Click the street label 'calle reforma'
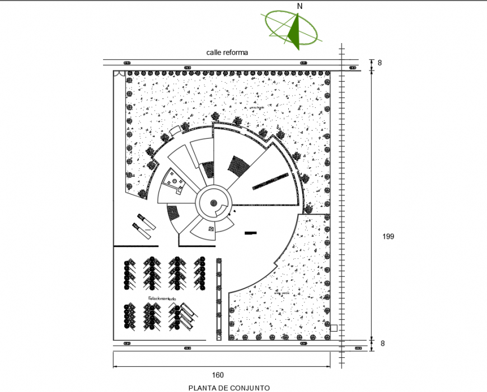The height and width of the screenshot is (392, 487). click(227, 52)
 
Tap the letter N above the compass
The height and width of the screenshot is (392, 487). click(300, 6)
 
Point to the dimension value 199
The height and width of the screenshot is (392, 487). click(388, 237)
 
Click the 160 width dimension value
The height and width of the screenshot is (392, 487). click(217, 375)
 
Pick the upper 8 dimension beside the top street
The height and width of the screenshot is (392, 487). click(380, 63)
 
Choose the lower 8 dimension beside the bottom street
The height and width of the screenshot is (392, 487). click(380, 344)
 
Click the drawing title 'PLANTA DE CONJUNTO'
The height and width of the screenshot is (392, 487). click(229, 388)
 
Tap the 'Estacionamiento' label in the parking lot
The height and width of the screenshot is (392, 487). click(162, 299)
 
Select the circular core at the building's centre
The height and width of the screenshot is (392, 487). click(213, 204)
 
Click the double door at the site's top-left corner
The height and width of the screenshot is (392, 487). click(118, 73)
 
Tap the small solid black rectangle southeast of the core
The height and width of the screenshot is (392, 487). click(250, 232)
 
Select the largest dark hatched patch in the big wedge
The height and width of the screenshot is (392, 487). click(239, 166)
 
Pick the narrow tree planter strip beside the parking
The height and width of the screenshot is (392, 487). click(219, 299)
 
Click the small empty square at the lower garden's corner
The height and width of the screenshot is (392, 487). click(334, 328)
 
